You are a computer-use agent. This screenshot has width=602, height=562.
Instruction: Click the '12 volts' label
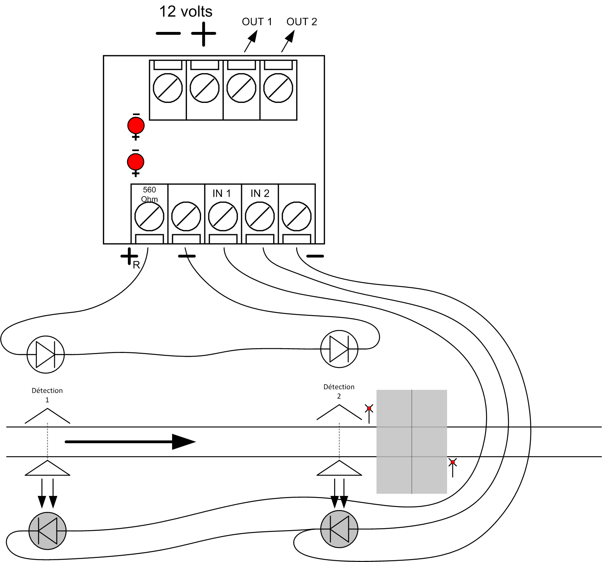point(185,12)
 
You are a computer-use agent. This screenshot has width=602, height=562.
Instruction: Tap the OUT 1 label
point(257,22)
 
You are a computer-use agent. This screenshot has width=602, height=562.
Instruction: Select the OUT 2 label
point(301,22)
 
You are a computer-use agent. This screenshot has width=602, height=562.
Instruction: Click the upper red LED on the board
point(136,125)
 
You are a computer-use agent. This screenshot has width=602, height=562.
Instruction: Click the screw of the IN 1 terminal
point(223,216)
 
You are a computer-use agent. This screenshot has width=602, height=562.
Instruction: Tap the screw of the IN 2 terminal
point(260,216)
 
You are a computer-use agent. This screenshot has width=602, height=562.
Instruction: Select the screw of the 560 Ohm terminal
point(149,216)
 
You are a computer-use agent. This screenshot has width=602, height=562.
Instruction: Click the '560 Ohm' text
point(150,194)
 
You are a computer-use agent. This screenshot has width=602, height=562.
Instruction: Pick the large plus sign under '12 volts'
point(203,34)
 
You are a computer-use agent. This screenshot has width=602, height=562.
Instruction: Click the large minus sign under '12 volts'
point(168,33)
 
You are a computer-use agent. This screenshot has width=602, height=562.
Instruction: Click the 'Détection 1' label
point(47,395)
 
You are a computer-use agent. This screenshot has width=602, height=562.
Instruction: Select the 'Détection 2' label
point(339,391)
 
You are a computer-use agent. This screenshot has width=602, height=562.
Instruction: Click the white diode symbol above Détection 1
point(46,354)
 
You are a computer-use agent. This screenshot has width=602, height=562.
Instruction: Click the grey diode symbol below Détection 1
point(48,530)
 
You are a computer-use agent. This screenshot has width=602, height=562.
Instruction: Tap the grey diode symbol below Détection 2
point(339,529)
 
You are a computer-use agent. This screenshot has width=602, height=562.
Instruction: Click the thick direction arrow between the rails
point(130,442)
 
